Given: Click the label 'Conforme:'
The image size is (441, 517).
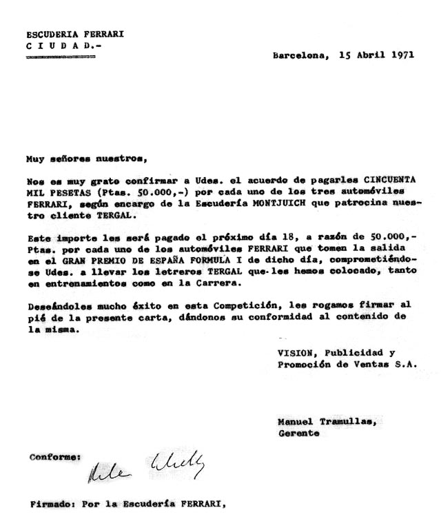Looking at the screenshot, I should tap(54, 456).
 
